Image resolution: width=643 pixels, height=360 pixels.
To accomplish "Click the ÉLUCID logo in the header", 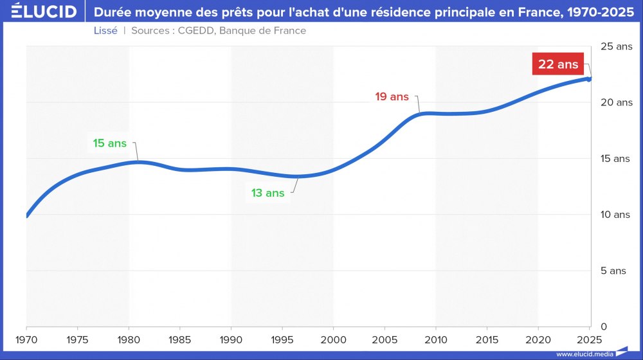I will point(44,12).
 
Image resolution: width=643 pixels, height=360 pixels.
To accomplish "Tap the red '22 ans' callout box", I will point(558,64).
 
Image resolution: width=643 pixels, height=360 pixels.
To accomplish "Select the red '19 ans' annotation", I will point(392,96).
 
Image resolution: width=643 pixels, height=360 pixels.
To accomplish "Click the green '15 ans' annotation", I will point(110,143).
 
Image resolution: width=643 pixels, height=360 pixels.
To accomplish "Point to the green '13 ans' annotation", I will point(267,193).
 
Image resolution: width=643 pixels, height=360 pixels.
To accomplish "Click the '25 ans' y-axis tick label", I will point(616,46).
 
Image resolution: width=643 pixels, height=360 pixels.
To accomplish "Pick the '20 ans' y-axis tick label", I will point(616,102).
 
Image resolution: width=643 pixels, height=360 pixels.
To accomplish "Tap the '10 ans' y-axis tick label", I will point(615,215).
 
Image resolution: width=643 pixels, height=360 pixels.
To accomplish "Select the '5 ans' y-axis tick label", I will point(613,271).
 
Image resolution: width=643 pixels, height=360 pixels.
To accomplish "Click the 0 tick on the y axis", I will point(604,327).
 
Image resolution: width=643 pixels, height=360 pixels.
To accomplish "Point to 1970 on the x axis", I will point(27,338).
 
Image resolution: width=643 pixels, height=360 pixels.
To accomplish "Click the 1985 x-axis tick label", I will point(180,338).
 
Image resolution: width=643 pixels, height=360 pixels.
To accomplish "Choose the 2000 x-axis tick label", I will point(333,338).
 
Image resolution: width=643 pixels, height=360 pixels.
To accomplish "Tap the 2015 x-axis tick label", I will point(487,338).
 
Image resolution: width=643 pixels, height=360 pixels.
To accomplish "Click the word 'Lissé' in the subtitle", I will point(105,31).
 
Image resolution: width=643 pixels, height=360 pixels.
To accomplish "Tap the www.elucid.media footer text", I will point(584,354).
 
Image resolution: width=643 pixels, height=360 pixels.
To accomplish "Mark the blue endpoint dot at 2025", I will point(589,79).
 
